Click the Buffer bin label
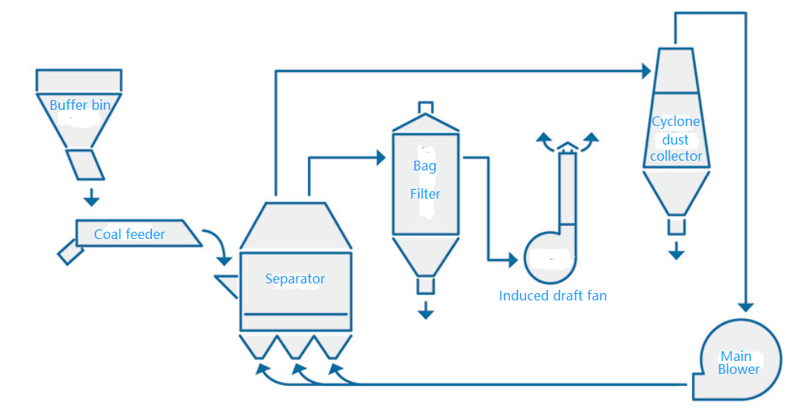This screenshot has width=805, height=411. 80,105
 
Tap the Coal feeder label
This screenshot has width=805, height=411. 129,234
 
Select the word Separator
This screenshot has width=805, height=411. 295,279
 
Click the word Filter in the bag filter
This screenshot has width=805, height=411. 425,194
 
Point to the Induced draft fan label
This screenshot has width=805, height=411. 553,296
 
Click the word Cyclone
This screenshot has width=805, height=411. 676,121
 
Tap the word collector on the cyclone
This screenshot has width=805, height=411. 676,156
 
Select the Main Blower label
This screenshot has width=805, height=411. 738,363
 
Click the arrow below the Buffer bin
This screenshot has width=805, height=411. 91,197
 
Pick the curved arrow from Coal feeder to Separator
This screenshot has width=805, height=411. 217,245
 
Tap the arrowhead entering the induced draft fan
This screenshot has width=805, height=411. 511,260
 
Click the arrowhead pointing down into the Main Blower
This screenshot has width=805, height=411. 745,306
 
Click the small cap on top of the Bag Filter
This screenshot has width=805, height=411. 425,108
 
